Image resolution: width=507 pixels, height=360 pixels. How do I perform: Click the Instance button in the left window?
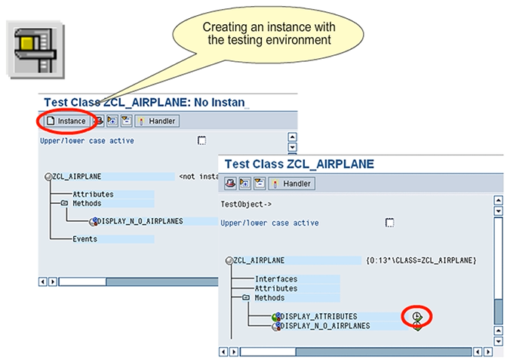(x=66, y=121)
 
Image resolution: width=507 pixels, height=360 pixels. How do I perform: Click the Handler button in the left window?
(x=156, y=121)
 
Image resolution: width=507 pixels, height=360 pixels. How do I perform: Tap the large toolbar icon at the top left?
(x=34, y=48)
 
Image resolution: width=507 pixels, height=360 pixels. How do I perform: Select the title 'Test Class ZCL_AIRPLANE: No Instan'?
(x=144, y=102)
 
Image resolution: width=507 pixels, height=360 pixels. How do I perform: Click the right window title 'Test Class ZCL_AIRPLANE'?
(x=299, y=164)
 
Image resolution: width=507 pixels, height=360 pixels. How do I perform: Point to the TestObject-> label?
(x=243, y=204)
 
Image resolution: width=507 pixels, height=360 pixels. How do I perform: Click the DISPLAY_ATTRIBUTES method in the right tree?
(x=318, y=316)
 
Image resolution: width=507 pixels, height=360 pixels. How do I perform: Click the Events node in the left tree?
(x=84, y=239)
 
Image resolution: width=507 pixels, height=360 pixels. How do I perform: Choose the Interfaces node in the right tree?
(x=275, y=278)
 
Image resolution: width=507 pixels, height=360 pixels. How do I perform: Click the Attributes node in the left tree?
(x=93, y=195)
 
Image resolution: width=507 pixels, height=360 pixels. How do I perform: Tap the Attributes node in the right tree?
(x=275, y=288)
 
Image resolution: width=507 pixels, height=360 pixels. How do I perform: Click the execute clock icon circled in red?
(x=416, y=315)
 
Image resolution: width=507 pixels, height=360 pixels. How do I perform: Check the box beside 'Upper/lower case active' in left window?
(x=201, y=140)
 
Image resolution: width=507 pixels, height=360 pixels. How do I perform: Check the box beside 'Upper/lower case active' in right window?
(x=389, y=223)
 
